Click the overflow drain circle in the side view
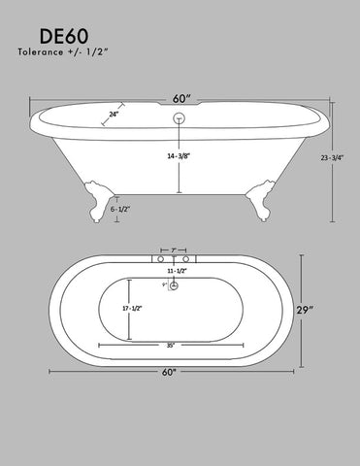click(180, 118)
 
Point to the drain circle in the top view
click(176, 285)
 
